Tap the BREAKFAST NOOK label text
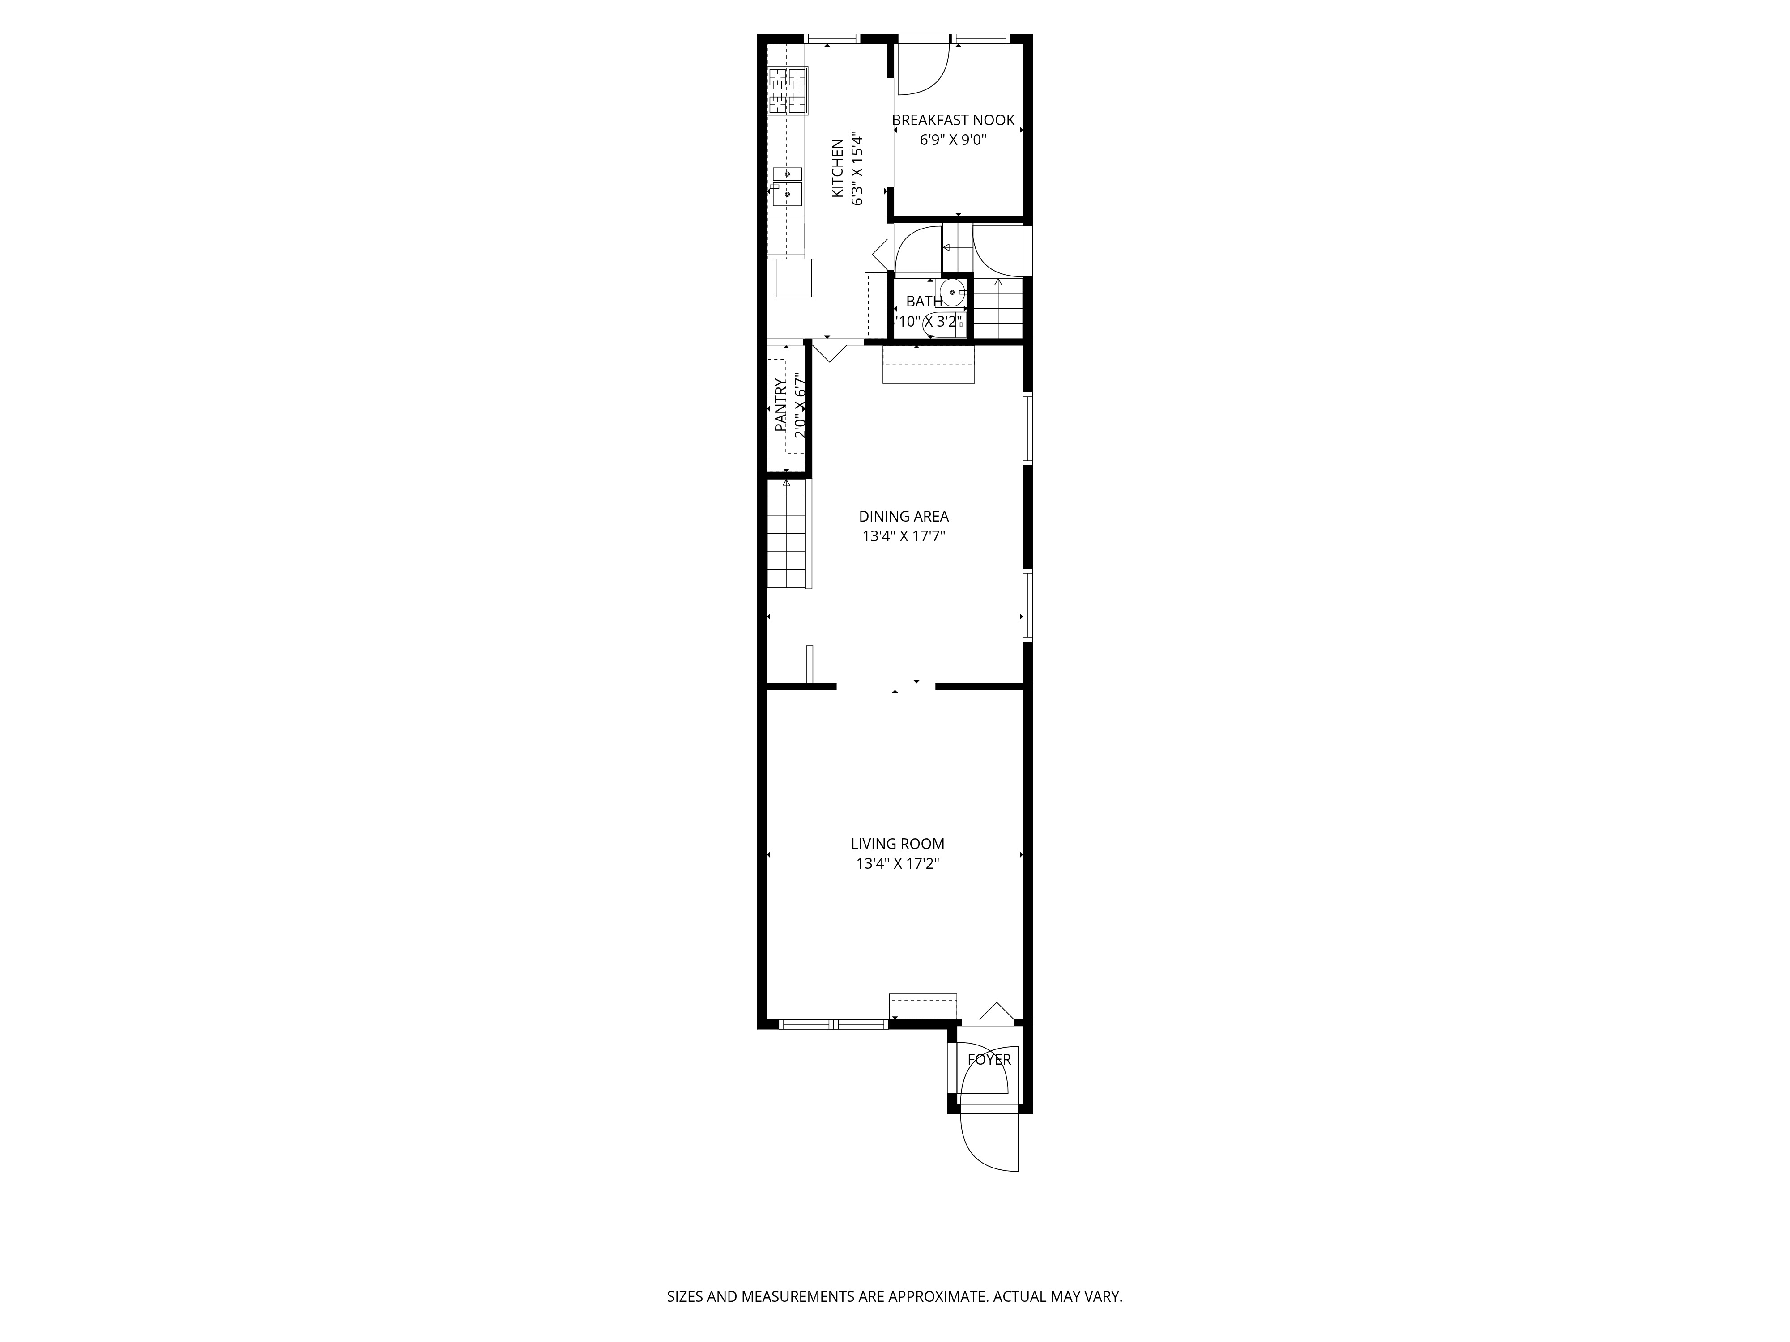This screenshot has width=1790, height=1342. tap(953, 120)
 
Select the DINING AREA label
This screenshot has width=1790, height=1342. tap(904, 516)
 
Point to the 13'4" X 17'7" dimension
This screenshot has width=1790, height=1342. tap(904, 535)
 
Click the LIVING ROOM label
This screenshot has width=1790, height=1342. tap(897, 844)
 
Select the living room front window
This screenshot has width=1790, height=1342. tap(834, 1024)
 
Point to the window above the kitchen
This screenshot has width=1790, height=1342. tap(832, 38)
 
